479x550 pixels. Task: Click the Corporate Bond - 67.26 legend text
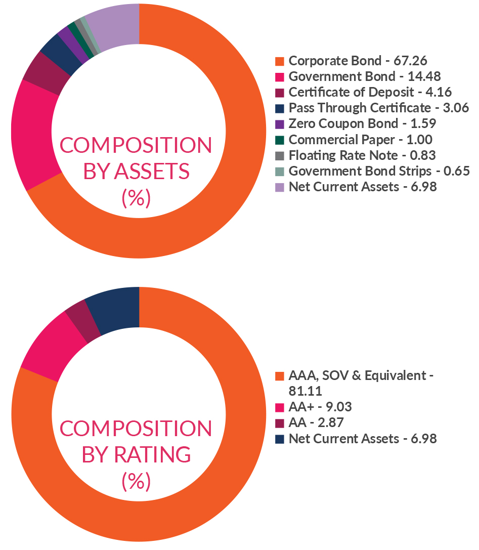point(358,61)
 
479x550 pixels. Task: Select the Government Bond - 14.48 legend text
point(364,77)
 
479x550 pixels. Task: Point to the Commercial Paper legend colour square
point(279,140)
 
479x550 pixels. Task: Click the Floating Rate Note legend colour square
point(279,156)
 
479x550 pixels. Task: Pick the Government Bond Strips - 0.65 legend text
point(379,171)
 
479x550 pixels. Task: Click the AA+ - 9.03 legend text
point(320,407)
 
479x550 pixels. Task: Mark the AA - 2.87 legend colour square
point(279,423)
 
